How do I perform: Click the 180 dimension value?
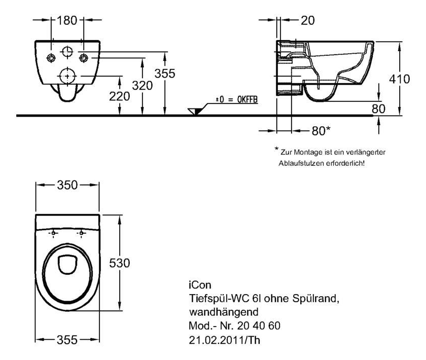click(67, 21)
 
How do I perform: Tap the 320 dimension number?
click(143, 86)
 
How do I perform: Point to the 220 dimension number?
click(119, 96)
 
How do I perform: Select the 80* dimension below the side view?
click(321, 131)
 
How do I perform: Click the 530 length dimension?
click(120, 264)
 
